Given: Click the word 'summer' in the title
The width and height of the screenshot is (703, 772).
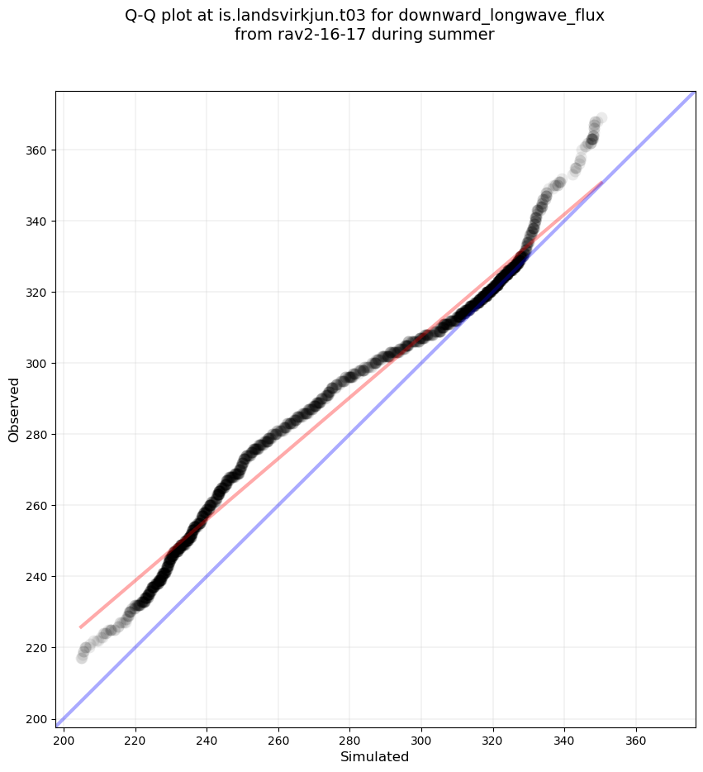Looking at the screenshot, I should pos(464,35).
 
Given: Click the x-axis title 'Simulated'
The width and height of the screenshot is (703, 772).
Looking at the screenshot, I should pos(375,756).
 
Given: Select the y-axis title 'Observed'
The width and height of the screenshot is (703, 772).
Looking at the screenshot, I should pos(14,409).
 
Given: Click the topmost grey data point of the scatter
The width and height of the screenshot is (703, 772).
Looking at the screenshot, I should pos(601,118).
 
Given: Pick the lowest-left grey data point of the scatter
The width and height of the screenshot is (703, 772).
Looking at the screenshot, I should pos(82,658).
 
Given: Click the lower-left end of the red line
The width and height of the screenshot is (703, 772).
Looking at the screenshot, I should pos(80,627).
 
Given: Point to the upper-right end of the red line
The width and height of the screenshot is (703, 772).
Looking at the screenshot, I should pos(601,182).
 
